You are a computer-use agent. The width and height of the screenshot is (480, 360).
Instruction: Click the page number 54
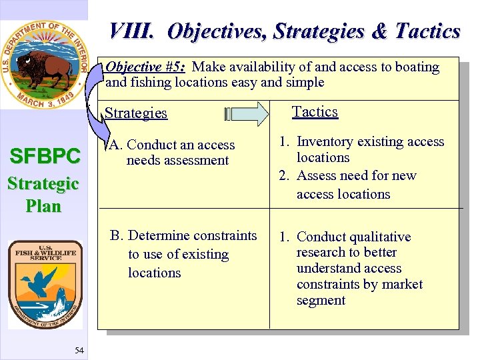[79, 351]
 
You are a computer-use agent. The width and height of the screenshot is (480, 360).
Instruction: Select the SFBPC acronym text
[44, 157]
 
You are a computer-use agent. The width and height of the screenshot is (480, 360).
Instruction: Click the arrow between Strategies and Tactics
[251, 113]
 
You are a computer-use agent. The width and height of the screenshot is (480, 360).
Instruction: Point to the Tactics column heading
[315, 112]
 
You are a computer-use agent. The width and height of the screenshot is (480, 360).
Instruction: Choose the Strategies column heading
[136, 113]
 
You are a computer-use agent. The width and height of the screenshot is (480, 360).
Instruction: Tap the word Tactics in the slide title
[427, 31]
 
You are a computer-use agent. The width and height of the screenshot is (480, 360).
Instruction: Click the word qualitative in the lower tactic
[377, 237]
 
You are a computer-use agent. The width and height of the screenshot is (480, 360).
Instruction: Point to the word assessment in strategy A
[197, 161]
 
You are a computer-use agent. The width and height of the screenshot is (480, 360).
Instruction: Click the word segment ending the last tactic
[321, 301]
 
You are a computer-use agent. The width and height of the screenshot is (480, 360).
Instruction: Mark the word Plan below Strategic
[43, 206]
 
